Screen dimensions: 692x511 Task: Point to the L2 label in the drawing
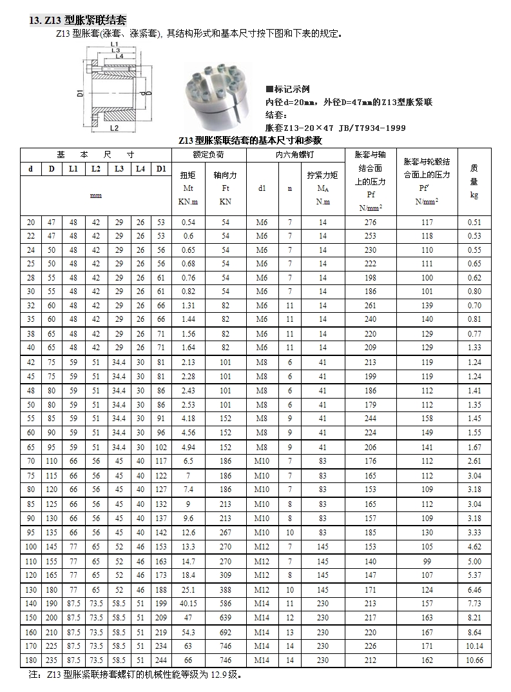click(x=114, y=128)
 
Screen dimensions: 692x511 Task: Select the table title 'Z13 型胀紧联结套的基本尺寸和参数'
click(x=249, y=140)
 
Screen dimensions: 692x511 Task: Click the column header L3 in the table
click(x=119, y=169)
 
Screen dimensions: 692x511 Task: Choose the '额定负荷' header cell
click(x=208, y=155)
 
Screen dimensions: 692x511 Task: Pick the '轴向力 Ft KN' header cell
click(x=225, y=188)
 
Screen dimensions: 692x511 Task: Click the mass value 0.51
click(x=474, y=222)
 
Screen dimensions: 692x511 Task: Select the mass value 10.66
click(x=474, y=660)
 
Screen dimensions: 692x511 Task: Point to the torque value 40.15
click(x=188, y=604)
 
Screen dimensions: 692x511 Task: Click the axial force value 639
click(x=225, y=618)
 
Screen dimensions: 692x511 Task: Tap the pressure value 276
click(x=371, y=222)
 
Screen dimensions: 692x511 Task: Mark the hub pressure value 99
click(x=427, y=562)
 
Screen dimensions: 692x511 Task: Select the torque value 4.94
click(x=188, y=448)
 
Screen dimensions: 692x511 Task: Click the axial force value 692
click(x=225, y=633)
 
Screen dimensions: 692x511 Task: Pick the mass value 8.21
click(x=474, y=618)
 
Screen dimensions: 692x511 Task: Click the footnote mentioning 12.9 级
click(x=135, y=675)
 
